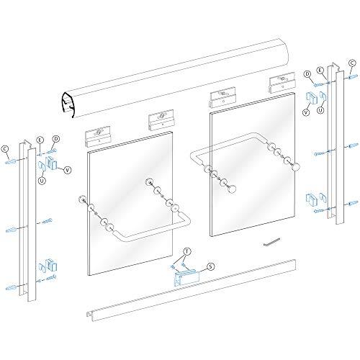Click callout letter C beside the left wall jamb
pyautogui.click(x=6, y=150)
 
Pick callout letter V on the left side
pyautogui.click(x=68, y=170)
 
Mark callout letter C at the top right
pyautogui.click(x=352, y=63)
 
